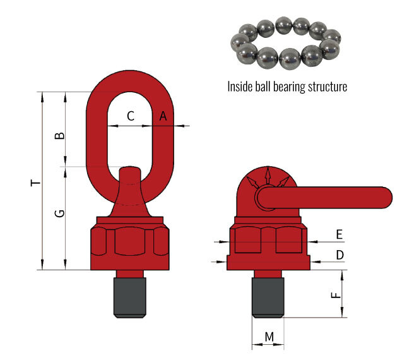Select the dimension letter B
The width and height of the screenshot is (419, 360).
59,136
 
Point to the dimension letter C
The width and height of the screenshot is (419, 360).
131,116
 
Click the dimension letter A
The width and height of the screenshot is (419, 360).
162,116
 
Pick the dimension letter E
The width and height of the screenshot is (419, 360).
339,234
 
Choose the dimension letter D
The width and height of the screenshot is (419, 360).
339,255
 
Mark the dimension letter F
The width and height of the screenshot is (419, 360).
336,294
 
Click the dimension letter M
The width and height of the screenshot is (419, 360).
269,337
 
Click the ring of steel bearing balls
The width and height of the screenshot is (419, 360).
285,42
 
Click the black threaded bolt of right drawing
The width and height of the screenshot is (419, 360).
268,297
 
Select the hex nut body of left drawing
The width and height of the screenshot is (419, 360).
129,243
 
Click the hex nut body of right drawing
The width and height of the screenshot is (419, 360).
268,243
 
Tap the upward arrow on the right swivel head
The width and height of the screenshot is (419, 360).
268,174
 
